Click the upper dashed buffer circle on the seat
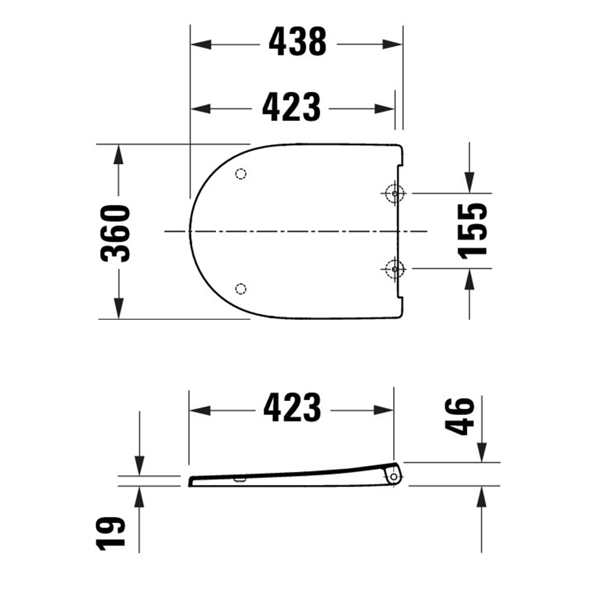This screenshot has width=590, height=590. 241,174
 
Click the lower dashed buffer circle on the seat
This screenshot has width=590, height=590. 241,289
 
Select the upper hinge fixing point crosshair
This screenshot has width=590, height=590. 394,193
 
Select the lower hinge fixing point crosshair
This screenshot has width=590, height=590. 394,269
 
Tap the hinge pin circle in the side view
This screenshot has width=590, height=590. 394,477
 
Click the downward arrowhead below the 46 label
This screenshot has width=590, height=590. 482,454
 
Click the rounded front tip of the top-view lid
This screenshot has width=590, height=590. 190,231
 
